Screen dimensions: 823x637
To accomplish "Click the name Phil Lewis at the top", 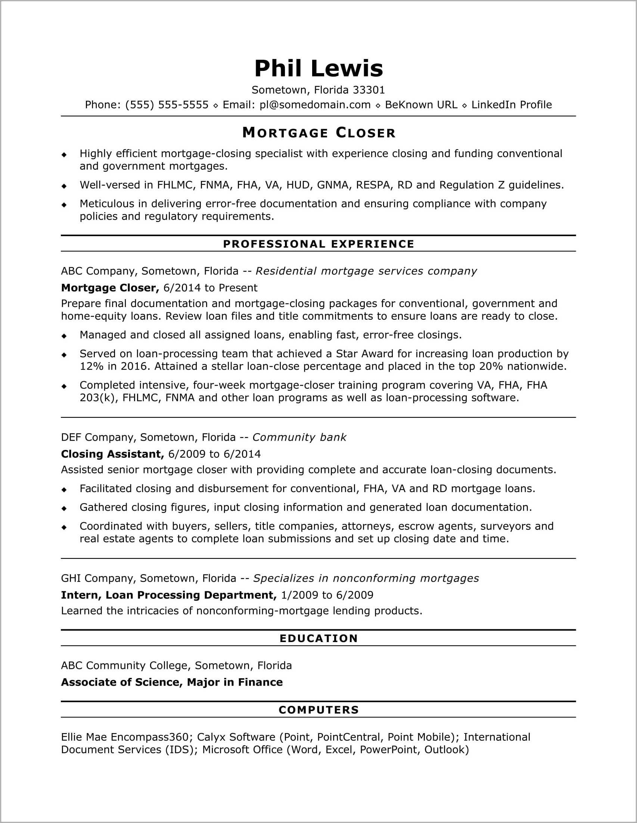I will click(319, 69).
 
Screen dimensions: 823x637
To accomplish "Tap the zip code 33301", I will click(369, 90).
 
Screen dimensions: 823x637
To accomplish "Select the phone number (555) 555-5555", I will click(167, 105).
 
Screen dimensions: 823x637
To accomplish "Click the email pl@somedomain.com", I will click(315, 105).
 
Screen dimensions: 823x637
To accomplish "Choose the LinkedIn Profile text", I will click(512, 105).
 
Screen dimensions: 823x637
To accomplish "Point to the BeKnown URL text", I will click(421, 105).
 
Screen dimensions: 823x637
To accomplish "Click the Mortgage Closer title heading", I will click(319, 133).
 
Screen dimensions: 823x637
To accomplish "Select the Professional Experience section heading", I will click(319, 244).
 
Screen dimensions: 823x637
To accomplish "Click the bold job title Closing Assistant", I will click(112, 454).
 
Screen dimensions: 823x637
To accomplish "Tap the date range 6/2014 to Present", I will click(211, 288).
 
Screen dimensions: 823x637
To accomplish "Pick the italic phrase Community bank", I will click(299, 437).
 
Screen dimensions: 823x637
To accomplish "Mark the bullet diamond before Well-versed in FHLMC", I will click(64, 186).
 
